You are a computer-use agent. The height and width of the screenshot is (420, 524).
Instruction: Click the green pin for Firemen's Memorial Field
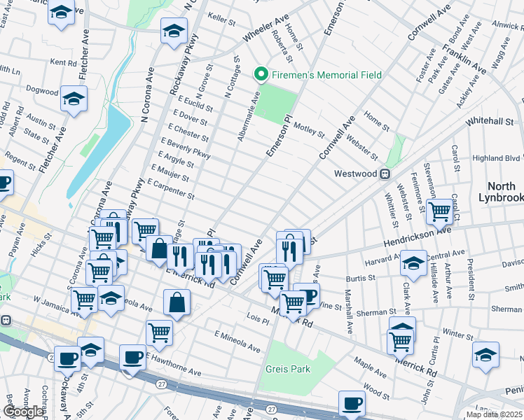(261, 73)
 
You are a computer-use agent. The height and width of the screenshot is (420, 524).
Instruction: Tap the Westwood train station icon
(385, 174)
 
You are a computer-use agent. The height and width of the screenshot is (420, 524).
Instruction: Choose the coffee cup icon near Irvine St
(307, 294)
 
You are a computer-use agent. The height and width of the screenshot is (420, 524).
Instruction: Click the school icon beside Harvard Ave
(413, 263)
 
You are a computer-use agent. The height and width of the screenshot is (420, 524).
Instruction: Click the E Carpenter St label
(172, 189)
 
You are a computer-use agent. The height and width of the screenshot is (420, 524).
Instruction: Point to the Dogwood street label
(42, 91)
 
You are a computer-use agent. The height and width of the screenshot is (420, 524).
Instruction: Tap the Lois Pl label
(258, 320)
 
